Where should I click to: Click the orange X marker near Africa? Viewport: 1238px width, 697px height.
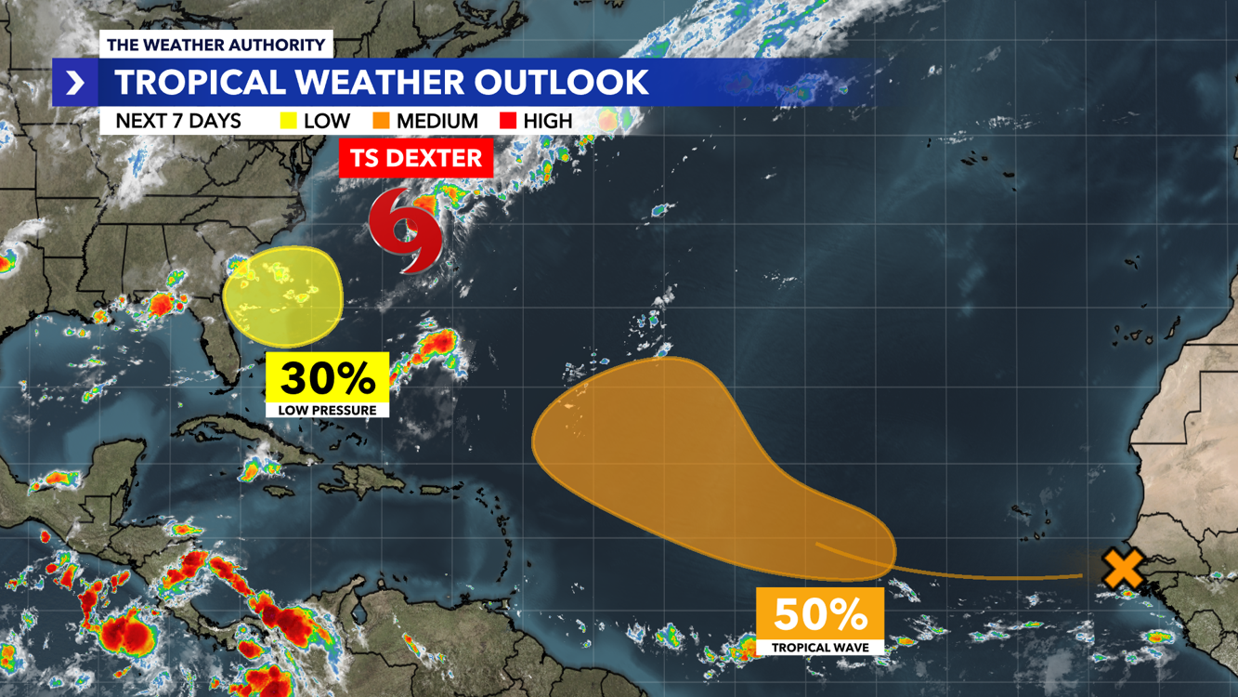[1122, 568]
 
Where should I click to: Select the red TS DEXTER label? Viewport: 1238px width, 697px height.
[415, 158]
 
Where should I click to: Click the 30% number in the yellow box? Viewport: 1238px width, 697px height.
[327, 378]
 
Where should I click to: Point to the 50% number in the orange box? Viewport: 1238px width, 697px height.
[820, 613]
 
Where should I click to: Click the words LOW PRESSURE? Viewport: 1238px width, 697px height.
[327, 410]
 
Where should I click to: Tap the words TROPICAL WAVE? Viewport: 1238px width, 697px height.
[820, 646]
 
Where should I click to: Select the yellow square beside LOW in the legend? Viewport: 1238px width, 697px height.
[289, 121]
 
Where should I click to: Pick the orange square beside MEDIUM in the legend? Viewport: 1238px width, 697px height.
[381, 121]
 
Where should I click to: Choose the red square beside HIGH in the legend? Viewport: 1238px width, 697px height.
[507, 121]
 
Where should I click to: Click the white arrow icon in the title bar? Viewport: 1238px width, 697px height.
[75, 83]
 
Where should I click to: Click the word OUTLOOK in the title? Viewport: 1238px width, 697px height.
[561, 82]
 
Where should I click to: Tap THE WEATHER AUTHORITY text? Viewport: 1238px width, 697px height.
[215, 45]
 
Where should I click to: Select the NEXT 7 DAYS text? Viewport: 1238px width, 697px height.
[178, 121]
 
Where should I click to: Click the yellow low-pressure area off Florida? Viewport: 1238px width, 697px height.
[283, 296]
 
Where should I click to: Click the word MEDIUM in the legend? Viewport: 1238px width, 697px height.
[437, 121]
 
